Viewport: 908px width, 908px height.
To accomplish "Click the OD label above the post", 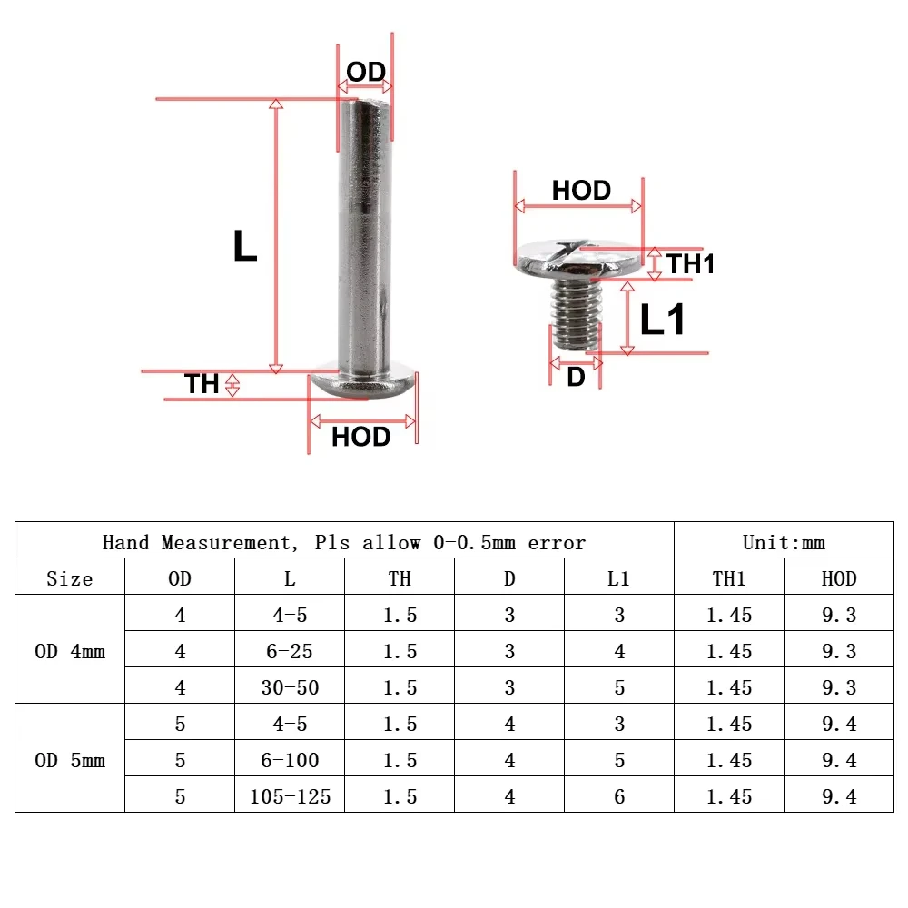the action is click(x=366, y=72).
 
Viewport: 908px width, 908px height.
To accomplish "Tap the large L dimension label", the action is click(x=244, y=245).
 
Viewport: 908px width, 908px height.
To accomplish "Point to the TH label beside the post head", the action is click(x=202, y=383).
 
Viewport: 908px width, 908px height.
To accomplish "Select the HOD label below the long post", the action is click(x=360, y=437).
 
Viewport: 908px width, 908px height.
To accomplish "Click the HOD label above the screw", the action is click(x=581, y=190).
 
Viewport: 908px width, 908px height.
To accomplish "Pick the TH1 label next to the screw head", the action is click(x=691, y=263).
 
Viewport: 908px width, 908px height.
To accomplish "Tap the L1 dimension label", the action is click(x=663, y=319).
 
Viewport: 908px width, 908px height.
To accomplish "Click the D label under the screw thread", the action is click(x=576, y=377).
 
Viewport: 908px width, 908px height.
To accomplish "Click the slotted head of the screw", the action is click(x=578, y=258).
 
